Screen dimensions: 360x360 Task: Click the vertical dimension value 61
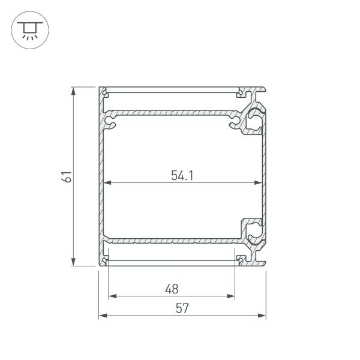click(x=67, y=176)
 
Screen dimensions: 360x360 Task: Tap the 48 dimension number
click(x=172, y=289)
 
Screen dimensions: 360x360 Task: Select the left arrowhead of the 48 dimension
click(x=112, y=296)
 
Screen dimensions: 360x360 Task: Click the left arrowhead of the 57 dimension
click(x=102, y=316)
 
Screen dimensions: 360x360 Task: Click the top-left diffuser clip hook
click(x=105, y=93)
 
